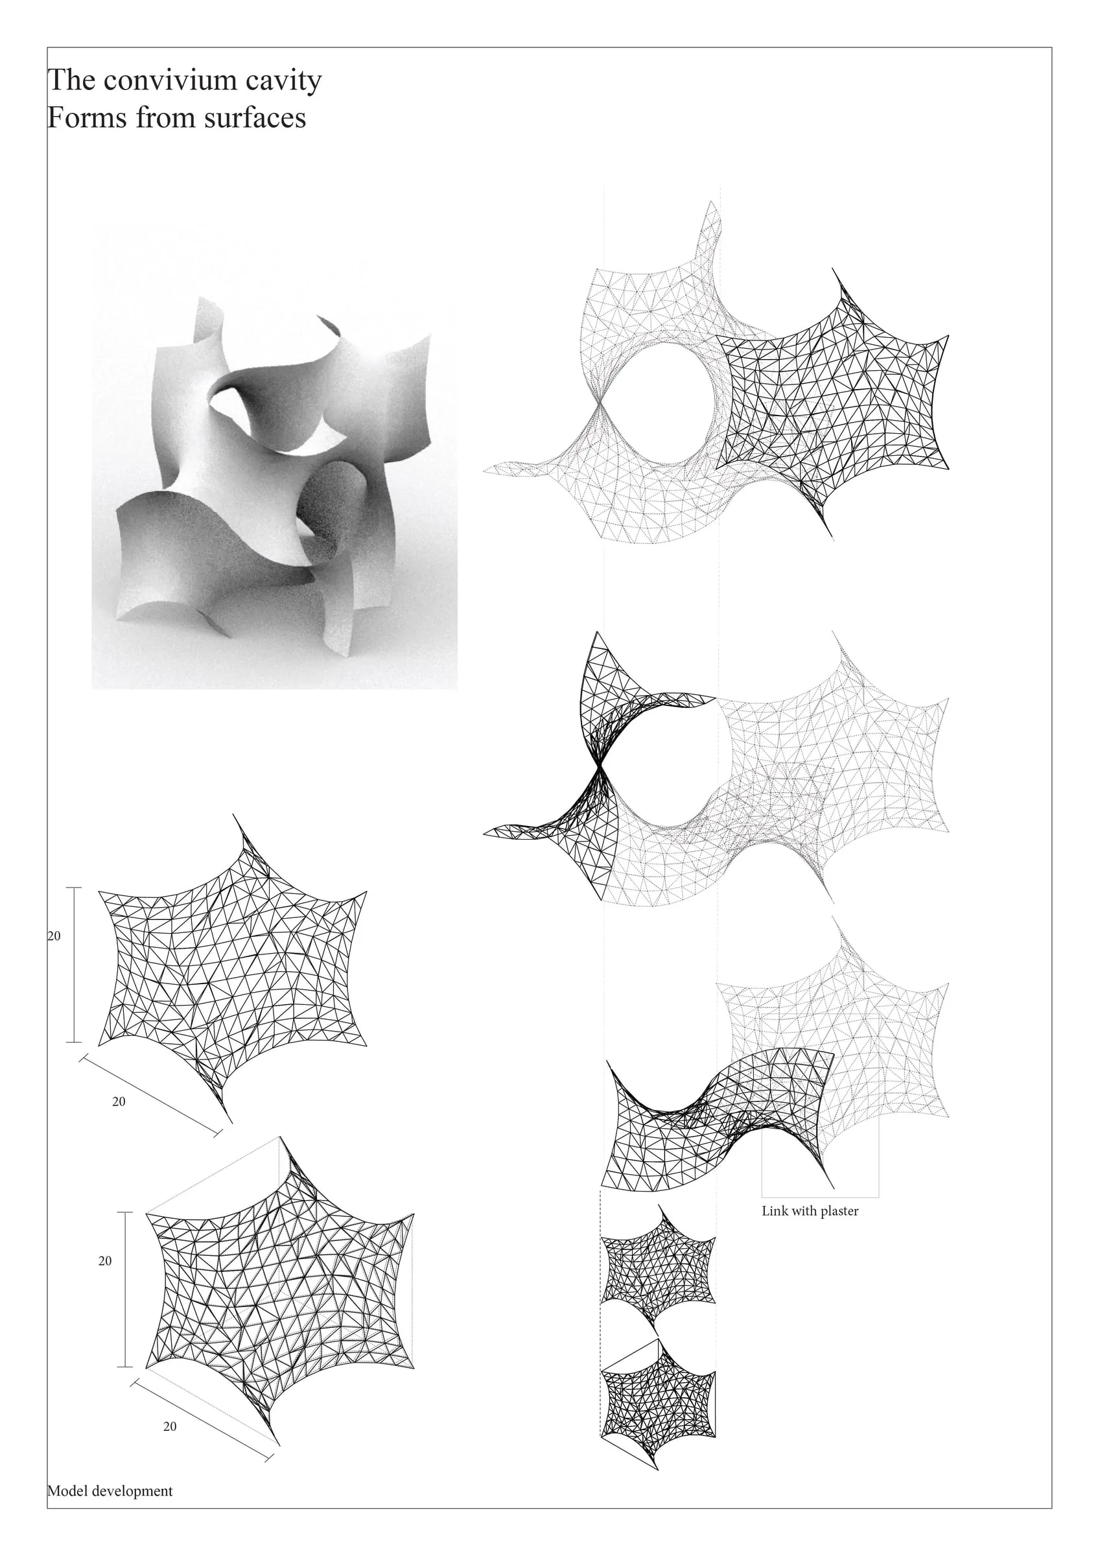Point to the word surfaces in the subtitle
[255, 117]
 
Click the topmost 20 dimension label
[54, 937]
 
